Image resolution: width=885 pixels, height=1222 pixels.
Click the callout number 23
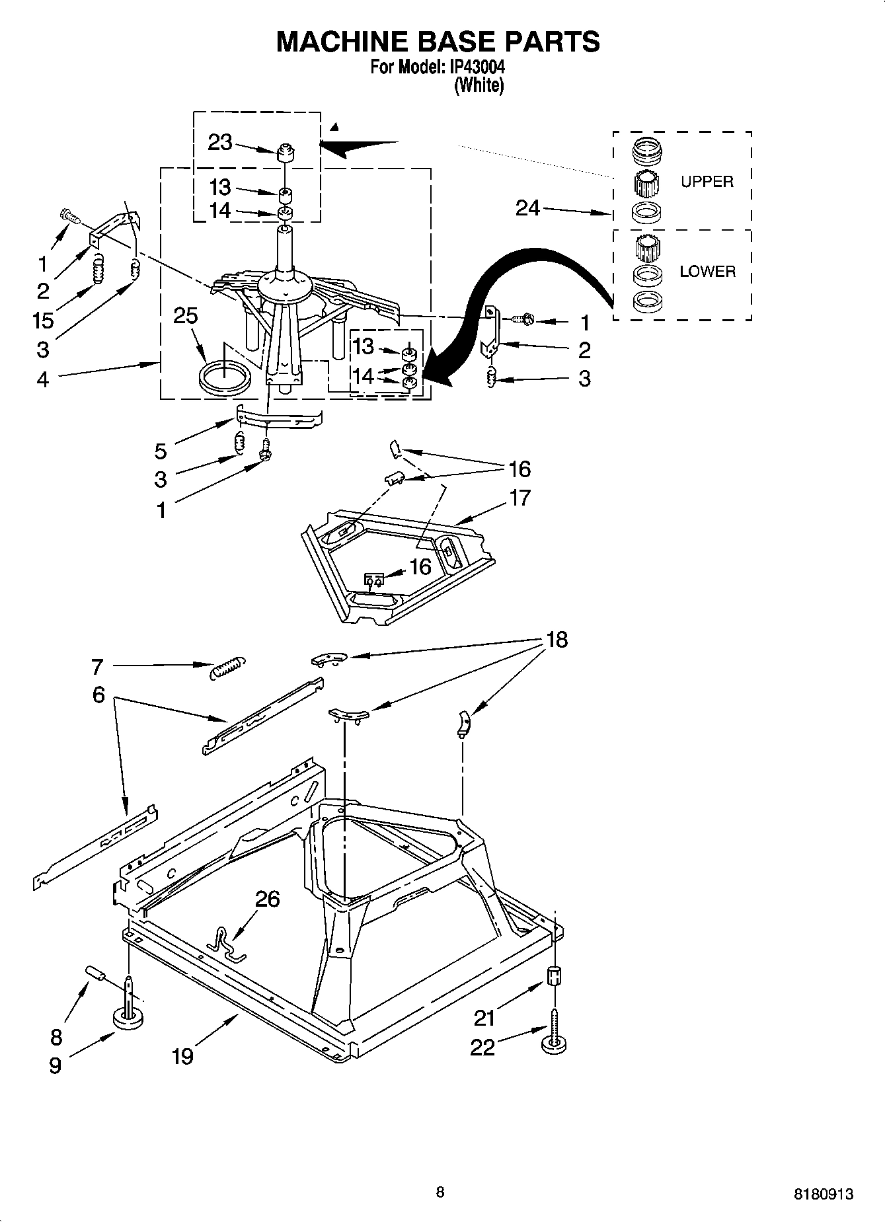pyautogui.click(x=219, y=142)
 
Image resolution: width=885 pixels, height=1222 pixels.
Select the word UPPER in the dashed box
pyautogui.click(x=707, y=182)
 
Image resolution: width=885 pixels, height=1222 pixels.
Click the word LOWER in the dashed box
pyautogui.click(x=707, y=271)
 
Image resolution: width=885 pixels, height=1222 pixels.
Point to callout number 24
pyautogui.click(x=527, y=208)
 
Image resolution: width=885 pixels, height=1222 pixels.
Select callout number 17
pyautogui.click(x=520, y=497)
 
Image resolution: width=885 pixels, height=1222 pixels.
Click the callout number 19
pyautogui.click(x=182, y=1056)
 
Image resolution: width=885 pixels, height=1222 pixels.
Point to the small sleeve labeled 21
pyautogui.click(x=555, y=975)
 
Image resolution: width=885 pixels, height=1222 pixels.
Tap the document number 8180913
pyautogui.click(x=823, y=1194)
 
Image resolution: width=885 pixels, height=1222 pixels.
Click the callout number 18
pyautogui.click(x=557, y=640)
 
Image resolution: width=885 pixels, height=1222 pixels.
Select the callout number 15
pyautogui.click(x=43, y=321)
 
